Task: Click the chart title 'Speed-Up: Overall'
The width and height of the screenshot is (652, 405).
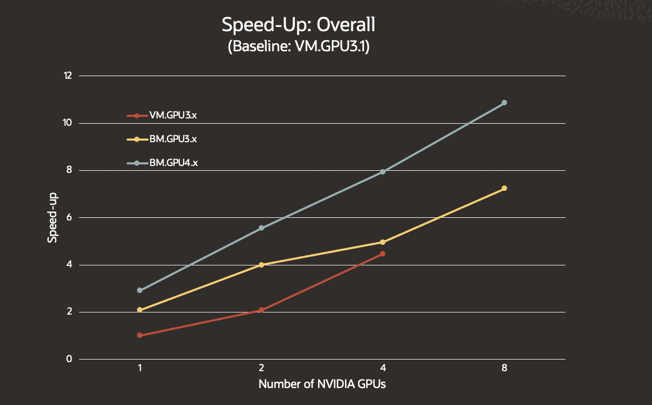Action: [x=298, y=25]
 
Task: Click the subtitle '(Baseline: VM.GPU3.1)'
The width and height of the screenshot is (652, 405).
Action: [x=298, y=47]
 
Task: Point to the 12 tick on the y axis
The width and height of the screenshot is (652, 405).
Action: [x=68, y=76]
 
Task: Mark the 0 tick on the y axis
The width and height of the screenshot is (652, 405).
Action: [x=69, y=359]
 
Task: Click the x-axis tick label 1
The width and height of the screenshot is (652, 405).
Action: [x=140, y=369]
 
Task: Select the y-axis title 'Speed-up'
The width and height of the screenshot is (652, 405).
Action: [x=52, y=217]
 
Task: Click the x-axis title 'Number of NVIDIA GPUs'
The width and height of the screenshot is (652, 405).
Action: [x=322, y=384]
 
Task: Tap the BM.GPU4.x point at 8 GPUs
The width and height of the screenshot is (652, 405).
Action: [x=504, y=103]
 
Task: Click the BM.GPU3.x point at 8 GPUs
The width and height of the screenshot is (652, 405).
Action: [x=504, y=188]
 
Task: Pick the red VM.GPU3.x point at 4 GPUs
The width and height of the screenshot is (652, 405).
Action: [x=383, y=254]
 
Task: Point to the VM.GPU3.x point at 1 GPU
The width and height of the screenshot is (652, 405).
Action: [x=140, y=335]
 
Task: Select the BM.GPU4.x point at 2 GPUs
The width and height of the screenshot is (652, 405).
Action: [x=261, y=228]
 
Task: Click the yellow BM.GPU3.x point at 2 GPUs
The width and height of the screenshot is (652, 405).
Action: [x=261, y=265]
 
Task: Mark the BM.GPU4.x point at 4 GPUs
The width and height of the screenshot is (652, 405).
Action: [x=383, y=172]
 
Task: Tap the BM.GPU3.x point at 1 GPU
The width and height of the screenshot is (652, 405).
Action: [x=140, y=310]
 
